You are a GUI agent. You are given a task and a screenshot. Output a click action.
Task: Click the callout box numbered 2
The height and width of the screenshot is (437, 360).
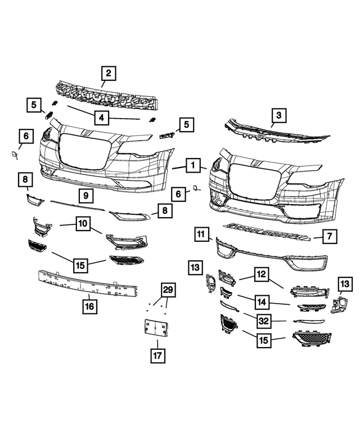[109, 73]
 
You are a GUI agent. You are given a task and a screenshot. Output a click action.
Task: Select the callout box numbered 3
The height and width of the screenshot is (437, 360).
[278, 116]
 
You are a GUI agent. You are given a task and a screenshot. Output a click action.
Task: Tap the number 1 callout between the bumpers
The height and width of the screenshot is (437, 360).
[193, 165]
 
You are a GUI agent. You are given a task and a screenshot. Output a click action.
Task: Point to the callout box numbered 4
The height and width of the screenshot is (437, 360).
[101, 118]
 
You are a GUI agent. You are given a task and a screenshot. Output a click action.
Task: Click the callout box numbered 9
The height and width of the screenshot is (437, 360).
[85, 196]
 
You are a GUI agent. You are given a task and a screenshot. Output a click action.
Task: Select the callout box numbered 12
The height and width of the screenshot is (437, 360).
[261, 274]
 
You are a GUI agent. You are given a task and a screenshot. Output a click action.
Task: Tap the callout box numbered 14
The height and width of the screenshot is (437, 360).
[261, 301]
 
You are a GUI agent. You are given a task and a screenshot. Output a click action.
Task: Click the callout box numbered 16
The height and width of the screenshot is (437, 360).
[89, 307]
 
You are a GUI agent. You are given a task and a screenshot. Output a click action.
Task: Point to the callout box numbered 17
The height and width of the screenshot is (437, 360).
[157, 355]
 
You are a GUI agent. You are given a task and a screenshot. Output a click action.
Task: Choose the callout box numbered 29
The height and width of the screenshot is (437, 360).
[168, 291]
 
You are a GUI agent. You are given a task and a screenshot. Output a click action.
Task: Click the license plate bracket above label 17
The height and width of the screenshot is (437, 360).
[156, 330]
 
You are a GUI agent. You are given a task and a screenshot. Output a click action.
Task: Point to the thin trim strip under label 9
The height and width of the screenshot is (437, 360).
[78, 205]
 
